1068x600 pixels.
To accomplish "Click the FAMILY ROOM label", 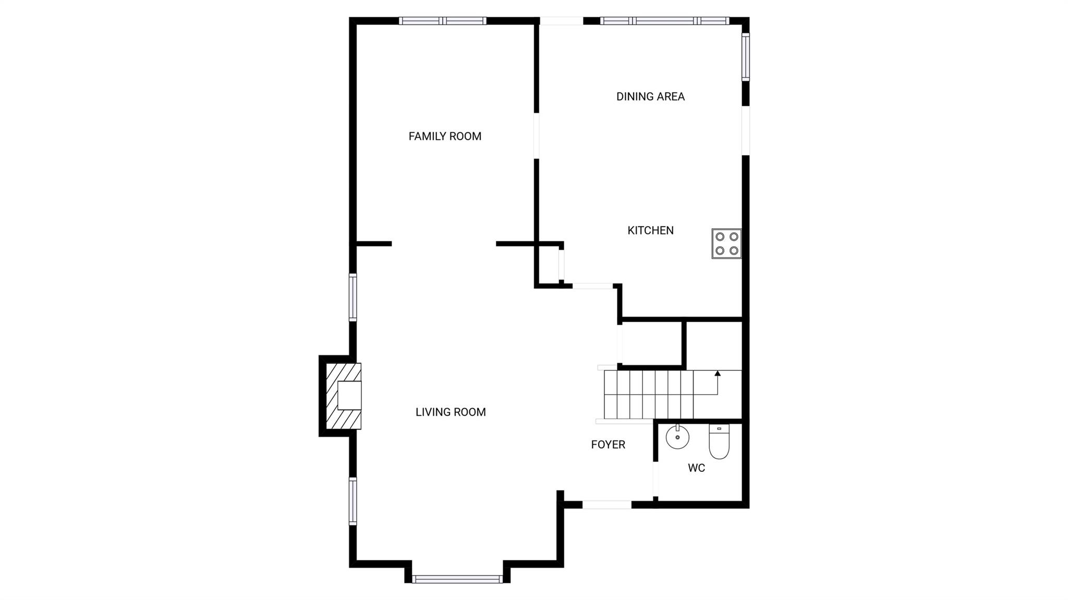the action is [x=445, y=137].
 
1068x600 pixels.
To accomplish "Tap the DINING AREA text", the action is [x=650, y=96].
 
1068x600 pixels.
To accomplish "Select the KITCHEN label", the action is [x=650, y=230].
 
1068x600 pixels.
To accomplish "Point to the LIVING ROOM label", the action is [x=451, y=412].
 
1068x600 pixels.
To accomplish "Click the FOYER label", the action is [x=608, y=445].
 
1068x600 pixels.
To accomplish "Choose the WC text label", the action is [x=696, y=468].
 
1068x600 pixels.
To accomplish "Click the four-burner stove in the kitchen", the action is [x=726, y=243].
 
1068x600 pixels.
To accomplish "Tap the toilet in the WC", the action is [x=719, y=442].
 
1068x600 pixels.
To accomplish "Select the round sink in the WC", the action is [x=677, y=437].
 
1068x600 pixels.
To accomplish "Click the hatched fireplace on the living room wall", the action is [x=343, y=396].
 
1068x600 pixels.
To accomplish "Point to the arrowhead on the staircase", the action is [x=718, y=373].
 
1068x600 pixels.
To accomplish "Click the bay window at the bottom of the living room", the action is [x=457, y=579].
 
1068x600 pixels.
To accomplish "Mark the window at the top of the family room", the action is [x=443, y=21].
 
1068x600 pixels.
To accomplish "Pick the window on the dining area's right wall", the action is [x=746, y=57].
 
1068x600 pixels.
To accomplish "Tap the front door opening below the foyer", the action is [x=607, y=505].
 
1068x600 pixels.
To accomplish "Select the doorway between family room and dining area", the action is [x=536, y=136].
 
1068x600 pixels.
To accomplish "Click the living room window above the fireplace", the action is [x=353, y=298].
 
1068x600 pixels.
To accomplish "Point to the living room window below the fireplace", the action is [x=353, y=501].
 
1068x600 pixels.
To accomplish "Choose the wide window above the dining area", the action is [x=665, y=21].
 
